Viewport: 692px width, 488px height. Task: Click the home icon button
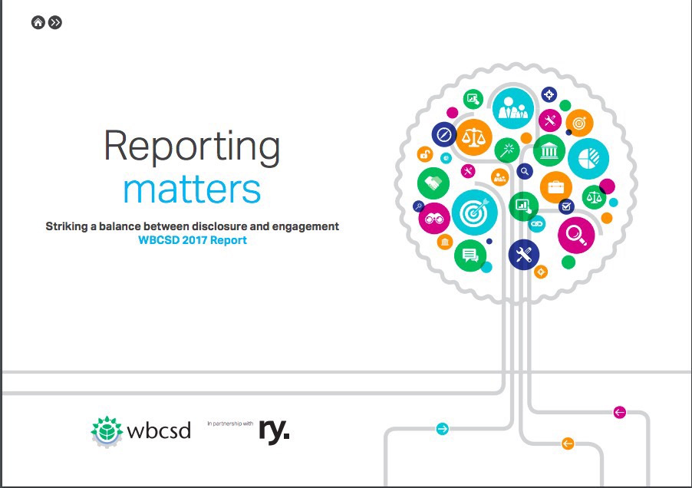click(38, 22)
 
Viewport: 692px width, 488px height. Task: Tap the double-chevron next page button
click(55, 22)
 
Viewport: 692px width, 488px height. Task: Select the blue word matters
click(192, 190)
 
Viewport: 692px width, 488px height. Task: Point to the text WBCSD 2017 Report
click(193, 240)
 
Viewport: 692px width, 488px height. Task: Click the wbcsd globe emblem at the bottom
click(107, 431)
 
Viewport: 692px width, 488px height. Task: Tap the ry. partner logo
click(274, 430)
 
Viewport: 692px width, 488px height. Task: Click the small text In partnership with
click(230, 424)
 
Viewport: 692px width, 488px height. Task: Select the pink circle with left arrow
click(620, 413)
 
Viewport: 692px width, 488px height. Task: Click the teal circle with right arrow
click(442, 429)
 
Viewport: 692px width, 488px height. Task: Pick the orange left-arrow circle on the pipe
click(568, 443)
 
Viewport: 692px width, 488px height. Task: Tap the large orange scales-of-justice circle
click(473, 137)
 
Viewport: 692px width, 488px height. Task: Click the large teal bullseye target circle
click(475, 213)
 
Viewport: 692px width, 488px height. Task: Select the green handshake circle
click(433, 183)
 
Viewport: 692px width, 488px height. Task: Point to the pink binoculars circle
click(434, 219)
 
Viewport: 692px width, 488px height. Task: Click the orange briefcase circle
click(556, 187)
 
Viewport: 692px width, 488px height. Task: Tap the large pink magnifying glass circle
click(576, 235)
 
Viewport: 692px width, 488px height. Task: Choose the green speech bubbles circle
click(470, 256)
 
